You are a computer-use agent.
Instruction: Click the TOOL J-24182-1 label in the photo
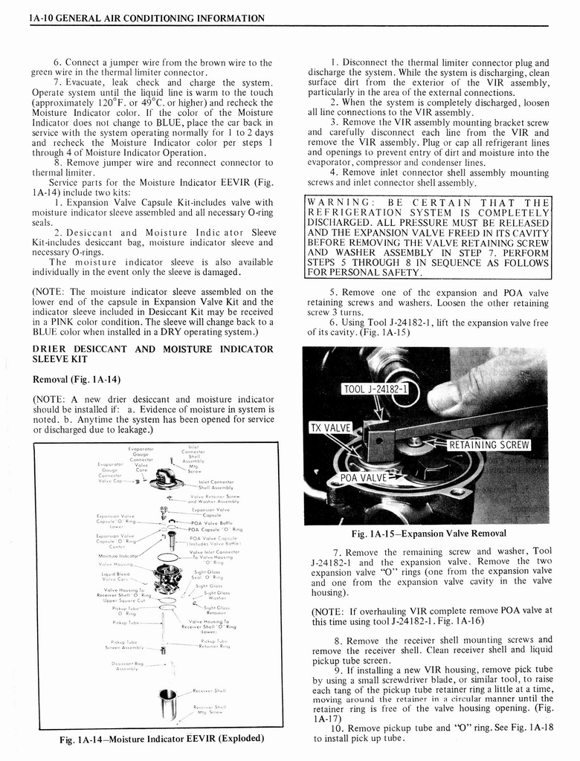(380, 390)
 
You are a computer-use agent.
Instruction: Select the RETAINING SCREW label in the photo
(488, 445)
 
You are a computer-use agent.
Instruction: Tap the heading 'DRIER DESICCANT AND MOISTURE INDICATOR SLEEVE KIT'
(152, 354)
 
